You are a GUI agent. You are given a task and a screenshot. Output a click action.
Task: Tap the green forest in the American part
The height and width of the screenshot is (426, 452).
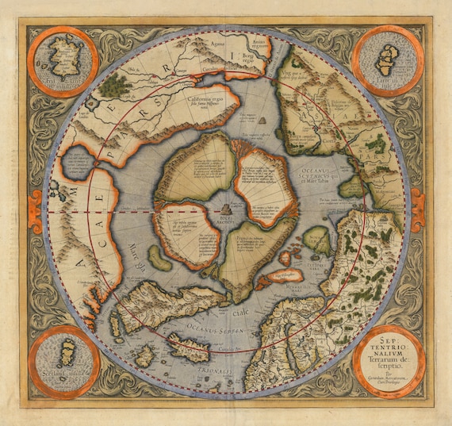(117, 82)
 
